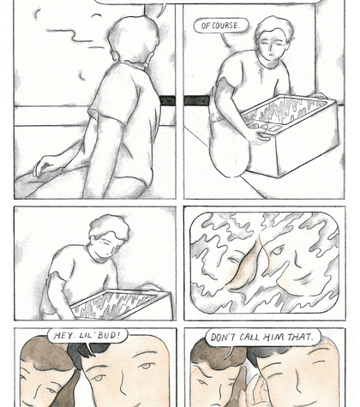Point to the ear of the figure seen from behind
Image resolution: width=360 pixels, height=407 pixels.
coord(114,55)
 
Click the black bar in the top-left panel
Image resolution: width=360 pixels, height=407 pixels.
coord(167,101)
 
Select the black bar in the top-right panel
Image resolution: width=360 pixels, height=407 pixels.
coord(196,100)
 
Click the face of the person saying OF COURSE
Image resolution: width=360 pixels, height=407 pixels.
coord(272,46)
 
